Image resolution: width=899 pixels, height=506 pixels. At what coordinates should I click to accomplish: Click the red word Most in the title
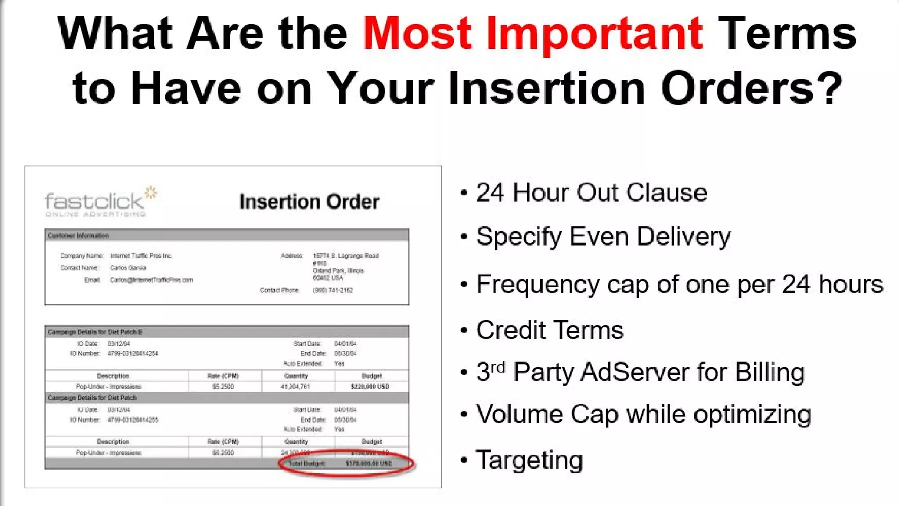point(417,34)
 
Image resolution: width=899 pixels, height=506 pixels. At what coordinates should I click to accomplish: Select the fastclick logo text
point(94,202)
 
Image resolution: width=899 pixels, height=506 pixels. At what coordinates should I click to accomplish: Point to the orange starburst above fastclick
point(151,192)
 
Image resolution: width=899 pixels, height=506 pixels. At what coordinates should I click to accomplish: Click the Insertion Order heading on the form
point(309,202)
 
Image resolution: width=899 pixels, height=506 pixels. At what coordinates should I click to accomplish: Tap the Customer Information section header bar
point(226,235)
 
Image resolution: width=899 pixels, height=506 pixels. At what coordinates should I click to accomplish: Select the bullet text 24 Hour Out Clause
point(591,193)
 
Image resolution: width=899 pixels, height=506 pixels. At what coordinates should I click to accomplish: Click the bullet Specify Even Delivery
point(603,237)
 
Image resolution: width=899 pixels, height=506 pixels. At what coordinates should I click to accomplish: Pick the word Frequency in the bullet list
point(537,285)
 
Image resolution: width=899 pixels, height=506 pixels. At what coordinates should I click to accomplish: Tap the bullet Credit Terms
point(550,330)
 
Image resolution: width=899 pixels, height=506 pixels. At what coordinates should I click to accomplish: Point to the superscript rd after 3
point(497,367)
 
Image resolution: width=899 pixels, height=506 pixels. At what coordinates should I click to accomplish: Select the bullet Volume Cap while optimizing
point(643,414)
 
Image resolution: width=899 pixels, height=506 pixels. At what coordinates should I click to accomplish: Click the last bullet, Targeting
point(529,460)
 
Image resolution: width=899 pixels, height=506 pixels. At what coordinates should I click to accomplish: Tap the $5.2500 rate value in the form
point(223,387)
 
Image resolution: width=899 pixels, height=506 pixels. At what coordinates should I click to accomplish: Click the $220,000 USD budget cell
point(370,387)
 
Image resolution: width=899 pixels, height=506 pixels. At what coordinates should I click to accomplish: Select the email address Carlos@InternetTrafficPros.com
point(151,280)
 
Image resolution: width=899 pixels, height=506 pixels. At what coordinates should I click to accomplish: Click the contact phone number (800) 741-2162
point(333,290)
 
